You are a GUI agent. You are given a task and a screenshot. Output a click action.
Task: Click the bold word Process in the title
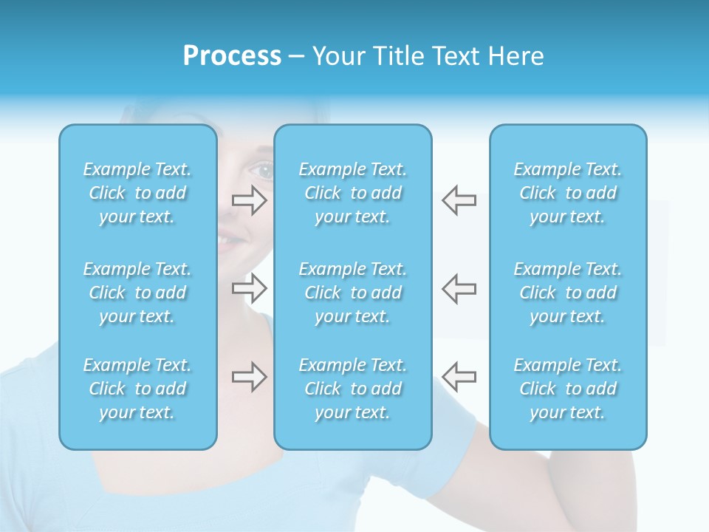click(x=232, y=56)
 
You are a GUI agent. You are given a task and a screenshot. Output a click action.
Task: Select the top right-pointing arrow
click(x=250, y=200)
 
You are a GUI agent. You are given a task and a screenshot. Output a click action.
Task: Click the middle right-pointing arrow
click(x=250, y=288)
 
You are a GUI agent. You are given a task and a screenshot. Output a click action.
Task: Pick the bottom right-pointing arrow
click(x=250, y=377)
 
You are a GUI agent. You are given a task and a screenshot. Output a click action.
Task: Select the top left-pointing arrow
click(x=459, y=200)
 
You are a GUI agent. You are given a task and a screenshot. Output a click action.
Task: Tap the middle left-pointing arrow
click(x=459, y=288)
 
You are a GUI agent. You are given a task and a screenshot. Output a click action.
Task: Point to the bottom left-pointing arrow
click(x=459, y=377)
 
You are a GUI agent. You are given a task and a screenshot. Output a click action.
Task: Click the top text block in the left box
click(x=137, y=193)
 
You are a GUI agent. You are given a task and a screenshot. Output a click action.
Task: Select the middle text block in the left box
click(x=137, y=293)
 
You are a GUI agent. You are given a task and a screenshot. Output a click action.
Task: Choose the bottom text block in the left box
click(x=137, y=389)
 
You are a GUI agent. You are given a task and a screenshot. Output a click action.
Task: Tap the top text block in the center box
click(x=353, y=193)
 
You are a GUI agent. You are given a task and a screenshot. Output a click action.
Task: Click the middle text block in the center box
click(x=353, y=293)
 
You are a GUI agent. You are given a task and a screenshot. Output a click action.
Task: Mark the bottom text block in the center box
click(x=353, y=389)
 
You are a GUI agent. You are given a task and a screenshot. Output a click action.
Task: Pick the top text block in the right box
click(x=568, y=193)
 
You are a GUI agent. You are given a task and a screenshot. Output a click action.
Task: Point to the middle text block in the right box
click(x=568, y=293)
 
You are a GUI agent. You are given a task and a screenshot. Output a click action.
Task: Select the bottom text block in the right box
click(x=568, y=389)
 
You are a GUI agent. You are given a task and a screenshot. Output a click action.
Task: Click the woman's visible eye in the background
click(x=262, y=171)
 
